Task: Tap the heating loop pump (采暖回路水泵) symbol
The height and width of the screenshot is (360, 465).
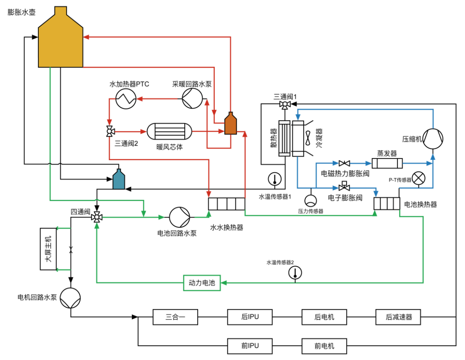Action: click(x=191, y=99)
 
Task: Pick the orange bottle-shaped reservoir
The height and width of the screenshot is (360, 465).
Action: click(x=231, y=125)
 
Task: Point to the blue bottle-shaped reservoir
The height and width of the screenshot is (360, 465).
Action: click(x=118, y=180)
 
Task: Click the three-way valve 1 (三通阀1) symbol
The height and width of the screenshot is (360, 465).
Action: click(x=285, y=105)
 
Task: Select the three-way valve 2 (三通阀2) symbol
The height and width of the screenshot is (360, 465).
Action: click(x=110, y=131)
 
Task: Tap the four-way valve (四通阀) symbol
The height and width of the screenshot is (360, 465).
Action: click(x=96, y=217)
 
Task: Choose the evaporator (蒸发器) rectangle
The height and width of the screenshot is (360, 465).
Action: click(x=387, y=163)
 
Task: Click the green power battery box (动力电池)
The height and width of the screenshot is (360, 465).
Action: click(x=201, y=283)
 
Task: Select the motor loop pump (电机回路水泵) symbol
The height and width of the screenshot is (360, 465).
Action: click(x=70, y=298)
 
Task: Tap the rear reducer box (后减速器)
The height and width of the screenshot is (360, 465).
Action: click(x=399, y=317)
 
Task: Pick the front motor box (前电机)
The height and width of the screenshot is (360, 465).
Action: click(x=324, y=346)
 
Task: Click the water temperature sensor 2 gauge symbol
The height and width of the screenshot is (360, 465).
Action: click(x=295, y=272)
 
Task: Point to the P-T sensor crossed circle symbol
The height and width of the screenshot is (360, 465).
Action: click(x=418, y=179)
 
